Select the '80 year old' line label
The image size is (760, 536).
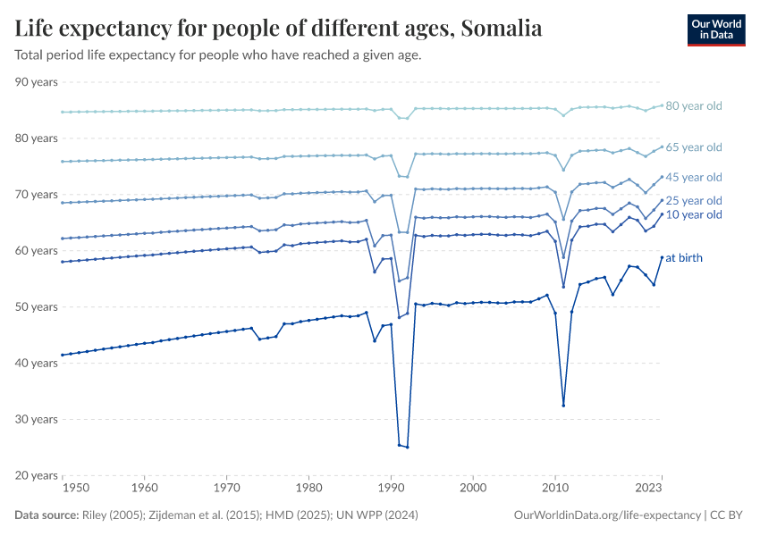pos(694,106)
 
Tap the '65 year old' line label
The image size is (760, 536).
pos(694,147)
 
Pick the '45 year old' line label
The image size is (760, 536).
pos(694,178)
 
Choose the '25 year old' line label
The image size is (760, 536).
pos(694,201)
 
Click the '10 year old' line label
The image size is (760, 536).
pos(694,215)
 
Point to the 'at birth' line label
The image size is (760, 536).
pos(684,258)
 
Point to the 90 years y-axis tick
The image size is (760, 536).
pos(37,82)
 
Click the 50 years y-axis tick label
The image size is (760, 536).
pos(37,306)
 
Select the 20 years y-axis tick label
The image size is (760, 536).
pos(37,475)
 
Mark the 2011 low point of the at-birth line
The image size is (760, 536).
pos(563,406)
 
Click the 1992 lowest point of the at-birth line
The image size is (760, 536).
pos(407,447)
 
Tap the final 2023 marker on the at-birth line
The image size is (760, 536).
pos(662,257)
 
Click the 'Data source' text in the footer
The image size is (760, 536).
pos(44,515)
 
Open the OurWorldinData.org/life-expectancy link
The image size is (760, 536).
pos(608,515)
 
